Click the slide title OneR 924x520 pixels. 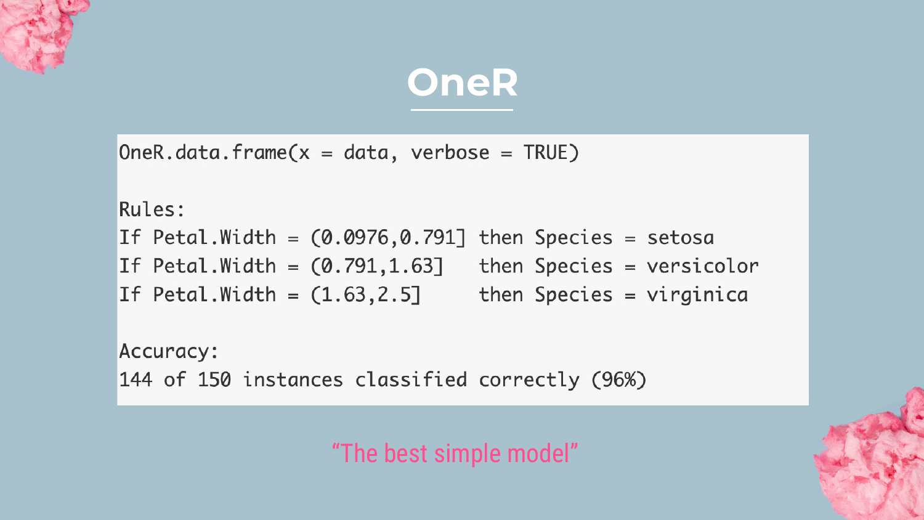click(462, 83)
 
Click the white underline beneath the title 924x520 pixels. click(462, 110)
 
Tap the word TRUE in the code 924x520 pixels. click(546, 153)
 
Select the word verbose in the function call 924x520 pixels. click(450, 153)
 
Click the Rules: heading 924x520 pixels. click(152, 209)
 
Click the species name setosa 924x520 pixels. click(680, 238)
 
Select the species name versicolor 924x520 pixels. click(702, 266)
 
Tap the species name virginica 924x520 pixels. click(697, 295)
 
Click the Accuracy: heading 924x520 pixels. click(168, 352)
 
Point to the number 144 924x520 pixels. click(136, 380)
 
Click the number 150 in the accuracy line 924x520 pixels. click(214, 380)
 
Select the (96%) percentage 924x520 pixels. click(618, 380)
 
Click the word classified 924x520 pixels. click(411, 380)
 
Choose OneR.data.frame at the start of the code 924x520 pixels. click(203, 153)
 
